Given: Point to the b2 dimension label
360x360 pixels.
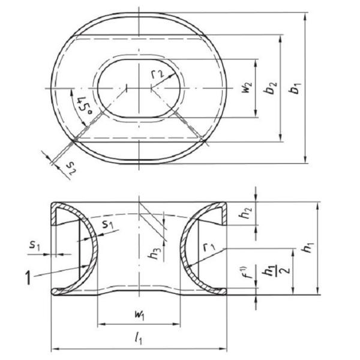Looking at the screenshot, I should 271,88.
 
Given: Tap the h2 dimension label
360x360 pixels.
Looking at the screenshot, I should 245,214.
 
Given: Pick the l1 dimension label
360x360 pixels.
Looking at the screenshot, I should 139,339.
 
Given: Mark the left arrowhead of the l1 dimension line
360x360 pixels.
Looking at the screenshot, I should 55,348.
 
